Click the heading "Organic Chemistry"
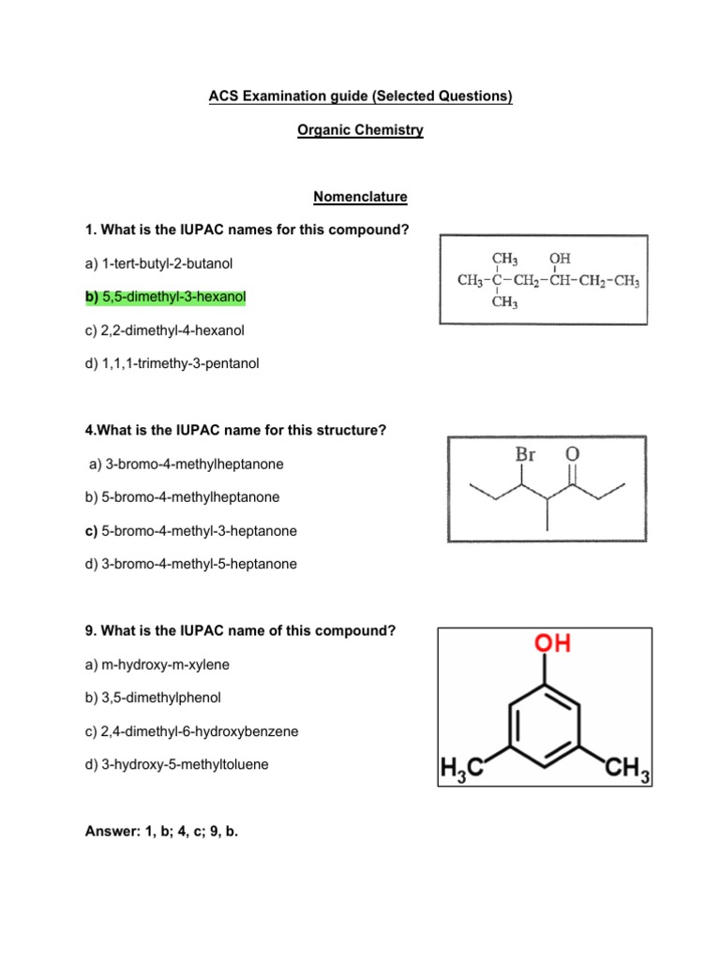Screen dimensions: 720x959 point(360,131)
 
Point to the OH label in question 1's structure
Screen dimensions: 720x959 point(560,258)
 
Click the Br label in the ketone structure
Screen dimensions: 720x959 point(526,454)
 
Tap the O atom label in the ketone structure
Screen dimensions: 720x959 point(572,454)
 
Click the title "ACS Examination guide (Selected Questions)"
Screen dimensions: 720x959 point(360,97)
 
